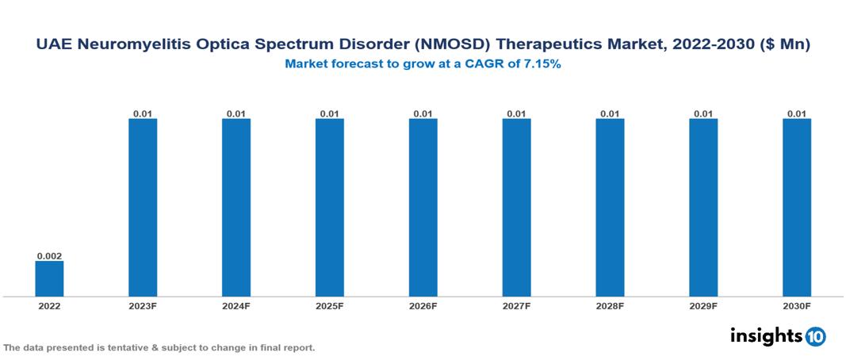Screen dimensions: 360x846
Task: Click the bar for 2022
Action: coord(49,278)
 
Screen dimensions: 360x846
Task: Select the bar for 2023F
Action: coord(143,208)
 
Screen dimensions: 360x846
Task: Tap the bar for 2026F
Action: coord(423,208)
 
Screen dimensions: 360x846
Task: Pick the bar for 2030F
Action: coord(797,208)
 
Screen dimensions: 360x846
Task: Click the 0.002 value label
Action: coord(49,256)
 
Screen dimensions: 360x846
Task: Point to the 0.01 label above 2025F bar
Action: coord(330,113)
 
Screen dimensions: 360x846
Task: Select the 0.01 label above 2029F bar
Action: coord(703,113)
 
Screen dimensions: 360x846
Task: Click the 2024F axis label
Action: coord(236,305)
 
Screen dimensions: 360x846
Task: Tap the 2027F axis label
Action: coord(517,305)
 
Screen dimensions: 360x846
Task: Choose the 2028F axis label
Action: coord(610,305)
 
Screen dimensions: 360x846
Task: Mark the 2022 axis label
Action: coord(49,305)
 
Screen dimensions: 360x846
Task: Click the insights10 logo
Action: coord(778,336)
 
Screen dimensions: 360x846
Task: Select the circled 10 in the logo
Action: coord(815,337)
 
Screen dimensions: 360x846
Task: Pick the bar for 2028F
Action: coord(610,208)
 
